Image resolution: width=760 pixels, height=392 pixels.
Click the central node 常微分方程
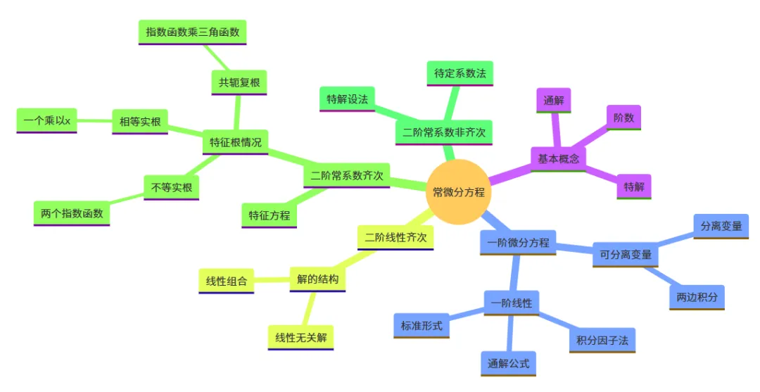458,192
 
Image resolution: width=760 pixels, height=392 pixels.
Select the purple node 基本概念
558,159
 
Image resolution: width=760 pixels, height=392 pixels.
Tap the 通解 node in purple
554,101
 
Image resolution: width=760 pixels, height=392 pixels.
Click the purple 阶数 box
623,118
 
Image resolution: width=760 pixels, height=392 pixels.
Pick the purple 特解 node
633,187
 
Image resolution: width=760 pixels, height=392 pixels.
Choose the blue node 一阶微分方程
519,243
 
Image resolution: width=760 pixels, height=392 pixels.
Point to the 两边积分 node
697,298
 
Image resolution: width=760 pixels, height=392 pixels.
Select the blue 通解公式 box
508,364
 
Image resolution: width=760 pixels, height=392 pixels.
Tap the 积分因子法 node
602,341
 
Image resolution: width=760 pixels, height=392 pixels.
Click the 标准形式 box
421,325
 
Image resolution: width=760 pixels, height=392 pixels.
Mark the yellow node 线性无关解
300,338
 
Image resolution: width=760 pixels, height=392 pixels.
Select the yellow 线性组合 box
226,282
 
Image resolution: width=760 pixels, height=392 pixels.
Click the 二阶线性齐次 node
395,237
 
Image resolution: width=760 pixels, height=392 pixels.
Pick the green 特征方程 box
270,215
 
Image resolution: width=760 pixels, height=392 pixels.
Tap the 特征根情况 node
235,142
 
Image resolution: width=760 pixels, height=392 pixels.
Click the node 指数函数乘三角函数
192,32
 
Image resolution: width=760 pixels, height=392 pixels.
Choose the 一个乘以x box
46,121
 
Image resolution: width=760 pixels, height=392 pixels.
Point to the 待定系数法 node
460,73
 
